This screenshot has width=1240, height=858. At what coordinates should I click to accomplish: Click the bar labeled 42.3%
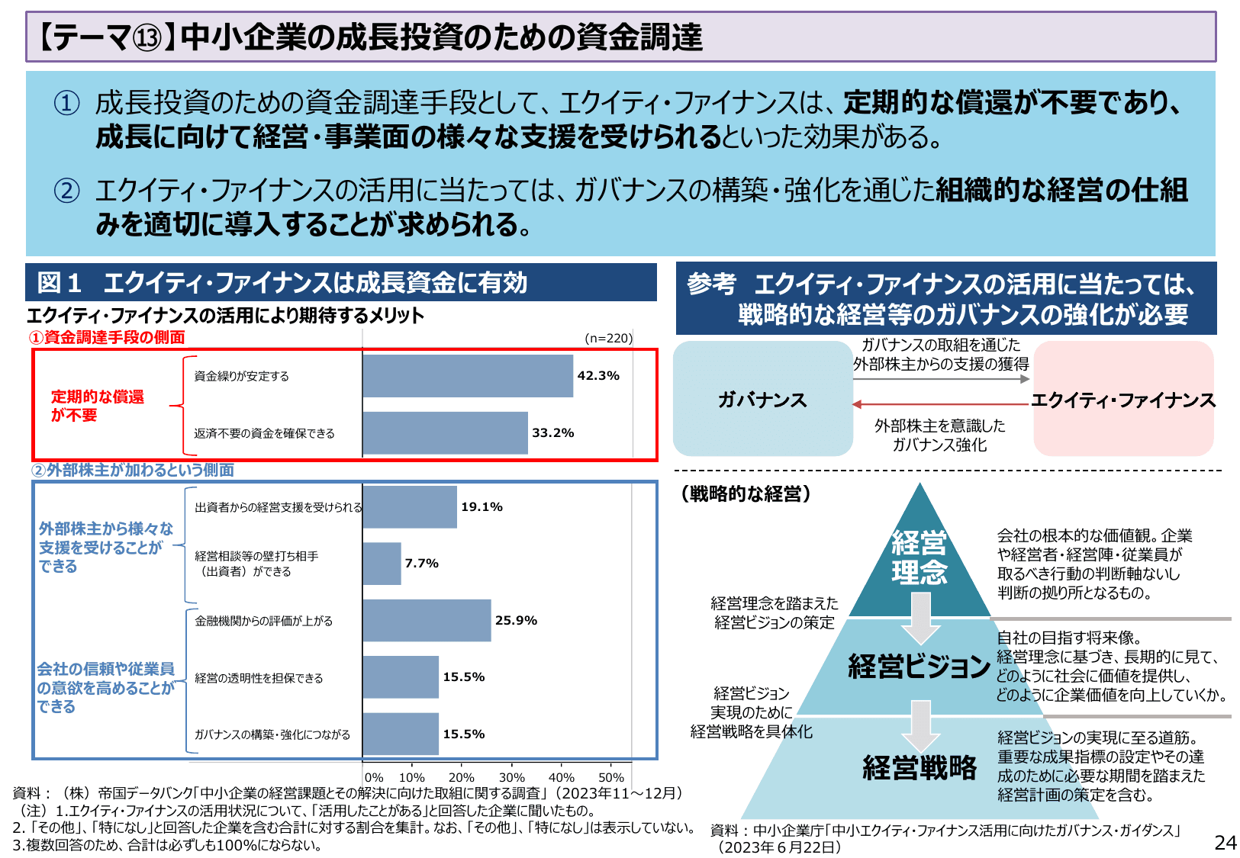point(468,376)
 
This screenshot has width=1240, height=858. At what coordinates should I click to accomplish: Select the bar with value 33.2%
point(445,433)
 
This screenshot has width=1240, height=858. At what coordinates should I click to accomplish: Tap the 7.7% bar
point(382,564)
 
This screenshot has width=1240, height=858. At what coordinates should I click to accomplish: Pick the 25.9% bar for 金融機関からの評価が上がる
point(427,621)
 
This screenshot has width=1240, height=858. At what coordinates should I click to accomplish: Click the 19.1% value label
point(482,507)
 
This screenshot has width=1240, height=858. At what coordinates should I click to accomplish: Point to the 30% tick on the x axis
point(512,778)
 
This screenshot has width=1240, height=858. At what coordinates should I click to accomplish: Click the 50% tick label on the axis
point(611,778)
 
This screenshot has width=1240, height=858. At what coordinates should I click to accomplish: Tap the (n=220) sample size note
point(608,338)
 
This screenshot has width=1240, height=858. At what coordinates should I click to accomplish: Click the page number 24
point(1225,843)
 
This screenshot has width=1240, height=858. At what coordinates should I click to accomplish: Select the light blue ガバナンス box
point(762,400)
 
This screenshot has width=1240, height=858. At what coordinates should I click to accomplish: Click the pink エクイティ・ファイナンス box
point(1123,400)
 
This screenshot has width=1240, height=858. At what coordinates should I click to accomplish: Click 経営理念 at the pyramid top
point(920,558)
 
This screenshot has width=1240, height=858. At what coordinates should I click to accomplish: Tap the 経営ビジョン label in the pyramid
point(920,667)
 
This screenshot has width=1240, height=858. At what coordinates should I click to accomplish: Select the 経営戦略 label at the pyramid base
point(920,767)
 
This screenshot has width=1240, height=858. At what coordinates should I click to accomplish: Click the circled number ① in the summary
point(66,103)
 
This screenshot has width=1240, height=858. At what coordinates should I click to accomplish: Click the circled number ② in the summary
point(66,191)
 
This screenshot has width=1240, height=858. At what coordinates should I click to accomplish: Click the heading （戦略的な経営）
point(746,494)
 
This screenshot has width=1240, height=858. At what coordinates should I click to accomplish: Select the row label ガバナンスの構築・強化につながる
point(272,734)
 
